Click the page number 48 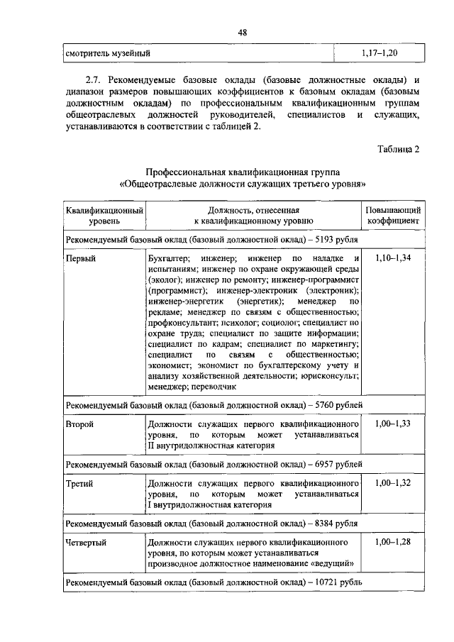(243, 33)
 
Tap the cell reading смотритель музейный (108, 53)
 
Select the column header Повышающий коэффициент (393, 216)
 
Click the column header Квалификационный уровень (105, 216)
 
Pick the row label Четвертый (86, 543)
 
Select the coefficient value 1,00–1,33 (393, 424)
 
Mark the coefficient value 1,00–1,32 (393, 482)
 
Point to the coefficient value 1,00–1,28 (393, 543)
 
